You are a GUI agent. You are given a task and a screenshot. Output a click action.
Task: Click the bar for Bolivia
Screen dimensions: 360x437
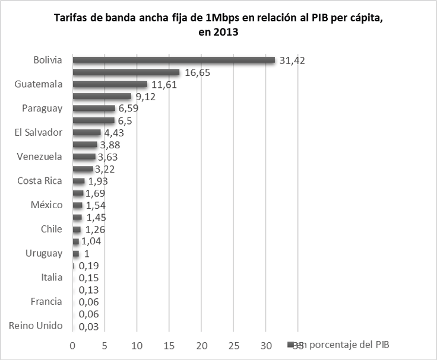pos(173,60)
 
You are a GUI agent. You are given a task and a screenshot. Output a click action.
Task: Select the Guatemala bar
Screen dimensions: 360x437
pos(110,84)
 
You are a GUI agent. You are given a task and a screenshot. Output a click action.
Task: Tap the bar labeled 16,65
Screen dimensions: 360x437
pos(126,72)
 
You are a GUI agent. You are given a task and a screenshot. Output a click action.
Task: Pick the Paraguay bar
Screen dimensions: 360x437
pos(94,109)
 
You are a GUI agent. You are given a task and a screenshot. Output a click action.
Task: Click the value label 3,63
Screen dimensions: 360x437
pos(110,157)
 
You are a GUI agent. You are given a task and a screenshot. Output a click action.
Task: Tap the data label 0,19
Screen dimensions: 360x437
pos(88,266)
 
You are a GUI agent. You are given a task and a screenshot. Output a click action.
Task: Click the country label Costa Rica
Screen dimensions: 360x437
pos(40,181)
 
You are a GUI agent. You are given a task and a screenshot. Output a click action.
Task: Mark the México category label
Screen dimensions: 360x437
pos(46,205)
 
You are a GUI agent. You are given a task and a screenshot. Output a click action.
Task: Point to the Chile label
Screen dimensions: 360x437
pos(52,230)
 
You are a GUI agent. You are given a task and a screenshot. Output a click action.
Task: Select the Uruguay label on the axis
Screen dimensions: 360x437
pos(44,253)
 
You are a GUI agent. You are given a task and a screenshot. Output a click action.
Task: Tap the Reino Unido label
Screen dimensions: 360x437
pos(36,326)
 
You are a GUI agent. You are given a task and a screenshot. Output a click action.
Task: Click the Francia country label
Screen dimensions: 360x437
pos(46,301)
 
